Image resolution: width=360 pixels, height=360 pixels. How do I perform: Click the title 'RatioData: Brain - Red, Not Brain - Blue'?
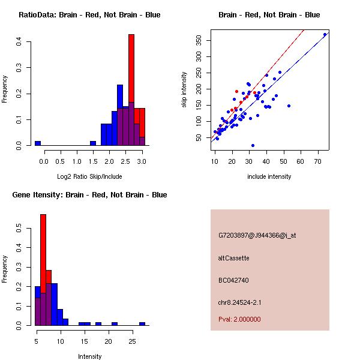point(89,15)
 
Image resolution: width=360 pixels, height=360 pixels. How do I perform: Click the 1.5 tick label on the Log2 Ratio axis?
point(93,161)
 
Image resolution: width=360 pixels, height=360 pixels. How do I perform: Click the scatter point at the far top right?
point(325,34)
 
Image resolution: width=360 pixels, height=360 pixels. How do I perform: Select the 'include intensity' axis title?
point(269,176)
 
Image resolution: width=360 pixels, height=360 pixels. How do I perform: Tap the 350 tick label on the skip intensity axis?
point(198,41)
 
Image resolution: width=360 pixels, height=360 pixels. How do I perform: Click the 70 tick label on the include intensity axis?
point(318,161)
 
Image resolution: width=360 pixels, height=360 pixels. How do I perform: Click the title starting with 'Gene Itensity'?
point(89,195)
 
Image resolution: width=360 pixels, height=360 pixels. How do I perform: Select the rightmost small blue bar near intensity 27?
point(142,323)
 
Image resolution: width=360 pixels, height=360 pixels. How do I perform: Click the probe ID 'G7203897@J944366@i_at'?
point(257,235)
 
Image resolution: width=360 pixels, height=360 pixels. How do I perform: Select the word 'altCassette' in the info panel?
point(234,258)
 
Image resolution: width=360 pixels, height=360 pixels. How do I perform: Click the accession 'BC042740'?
point(234,280)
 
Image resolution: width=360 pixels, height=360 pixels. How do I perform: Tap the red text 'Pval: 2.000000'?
point(240,319)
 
